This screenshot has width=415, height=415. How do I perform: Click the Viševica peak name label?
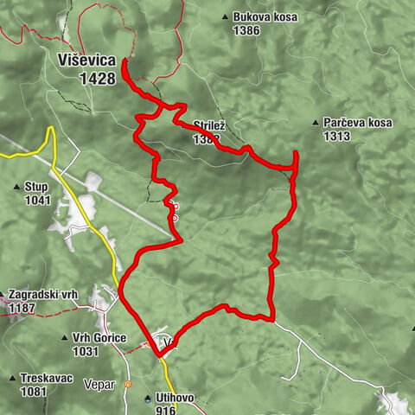(x=87, y=60)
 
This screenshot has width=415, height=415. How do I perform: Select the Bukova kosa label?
(x=260, y=17)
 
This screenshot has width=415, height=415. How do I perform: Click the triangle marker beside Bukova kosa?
(x=225, y=17)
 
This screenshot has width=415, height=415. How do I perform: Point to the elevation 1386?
(x=246, y=29)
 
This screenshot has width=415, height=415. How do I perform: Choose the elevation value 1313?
(x=337, y=136)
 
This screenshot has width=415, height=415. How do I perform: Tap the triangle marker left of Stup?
(x=17, y=187)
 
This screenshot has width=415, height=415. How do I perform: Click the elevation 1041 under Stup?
(x=38, y=200)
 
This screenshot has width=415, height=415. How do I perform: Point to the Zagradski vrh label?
(x=43, y=295)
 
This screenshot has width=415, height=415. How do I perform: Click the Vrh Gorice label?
(x=99, y=338)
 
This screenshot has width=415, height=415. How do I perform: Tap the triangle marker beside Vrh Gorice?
(x=65, y=338)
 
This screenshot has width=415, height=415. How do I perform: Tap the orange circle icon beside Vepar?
(x=127, y=383)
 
